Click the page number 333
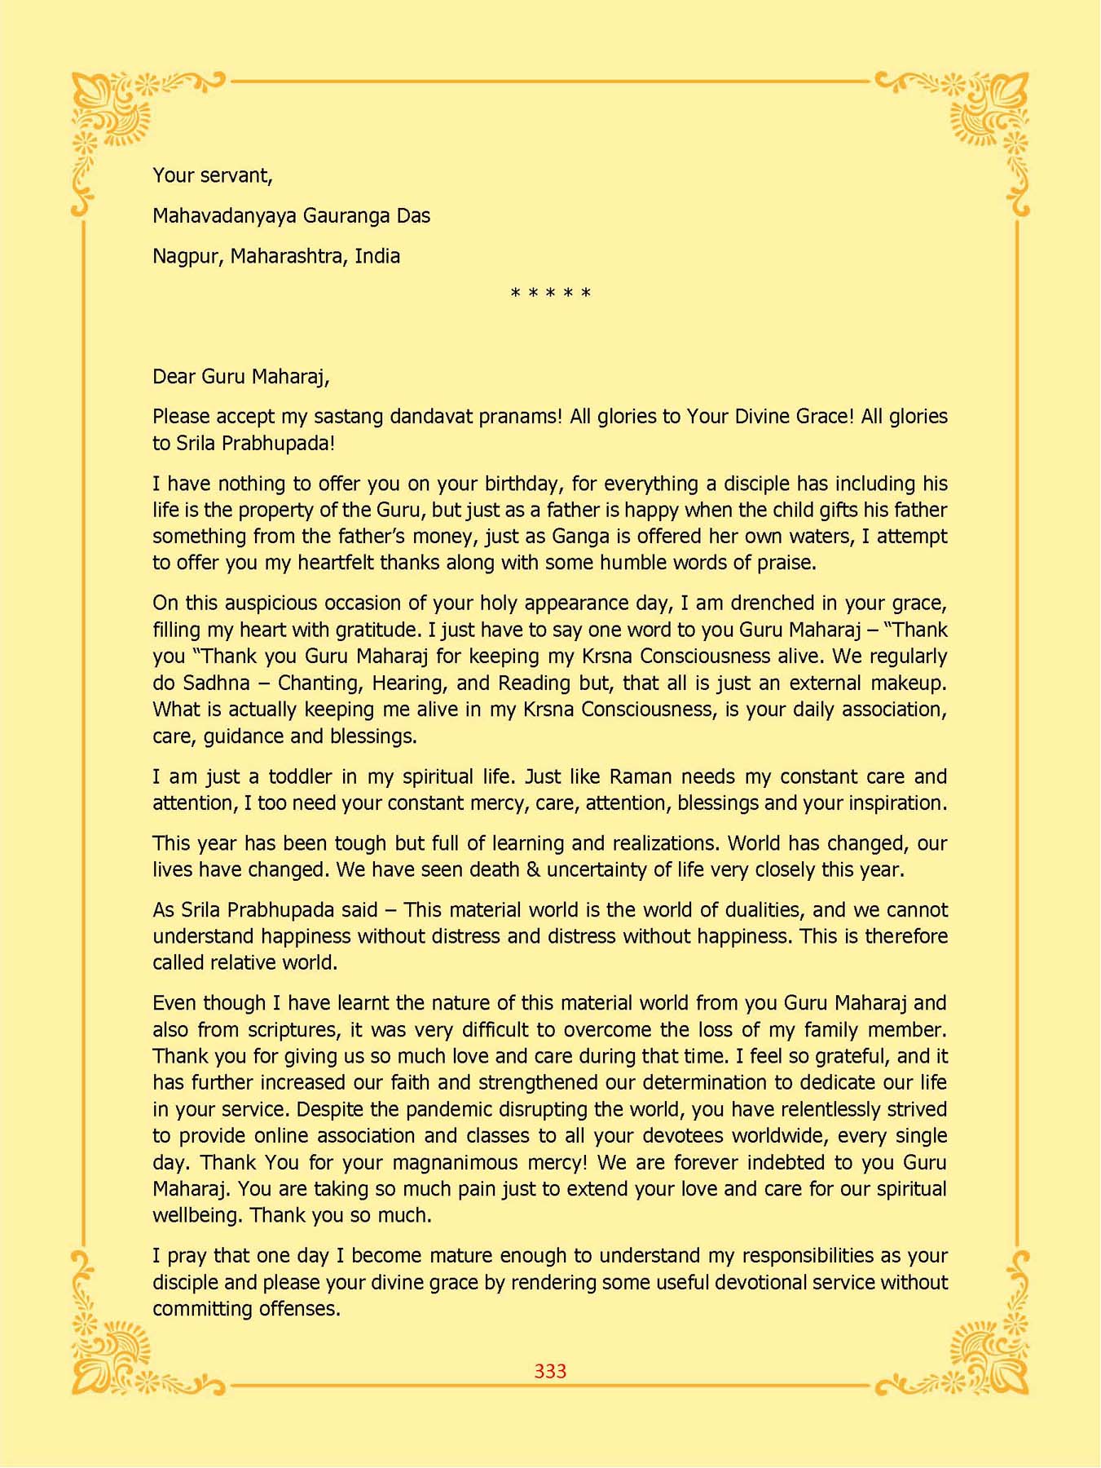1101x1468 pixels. (x=550, y=1371)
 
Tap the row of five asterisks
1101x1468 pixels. (x=550, y=293)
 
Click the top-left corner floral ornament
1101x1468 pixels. (x=118, y=114)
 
